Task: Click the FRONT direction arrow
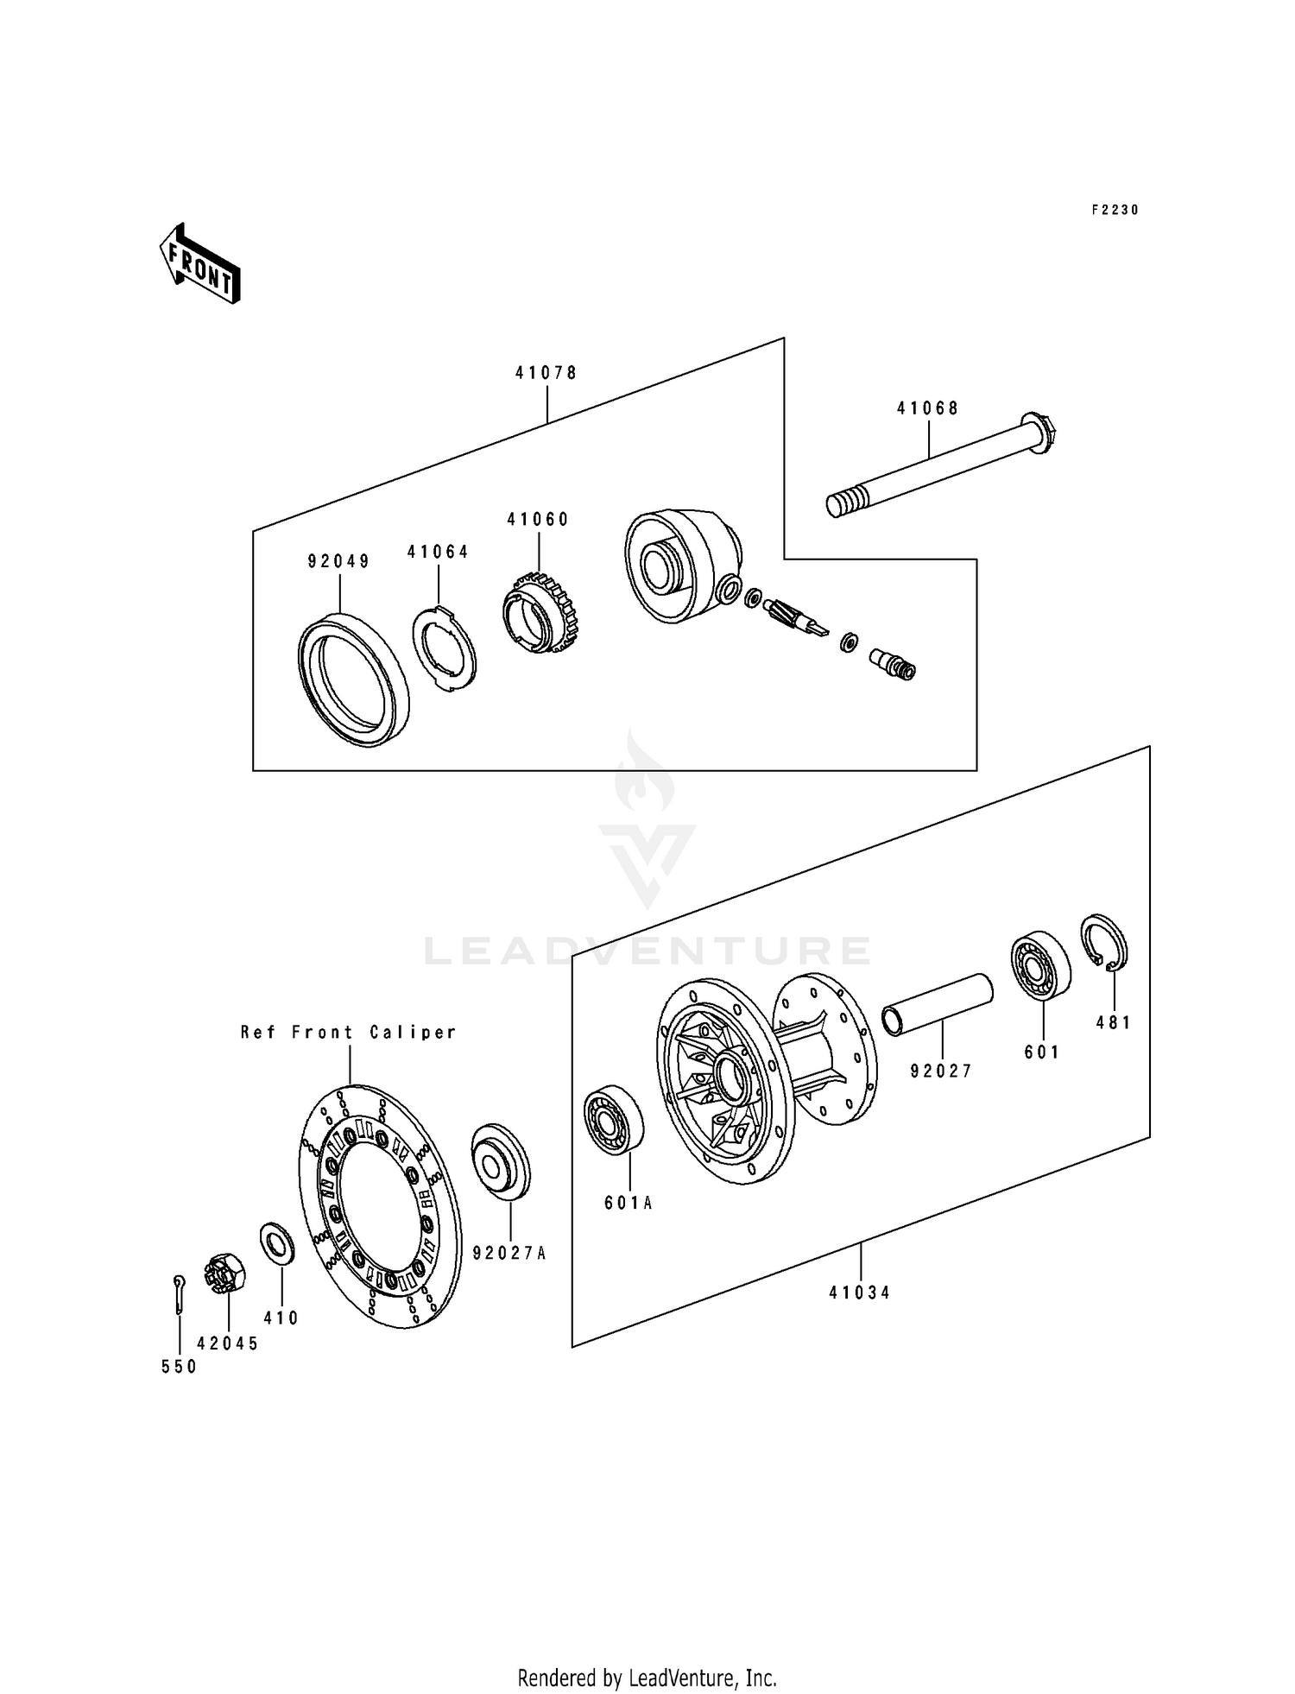(199, 263)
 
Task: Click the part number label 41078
(546, 373)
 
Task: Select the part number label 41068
(927, 408)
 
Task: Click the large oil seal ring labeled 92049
(354, 679)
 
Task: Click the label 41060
(538, 520)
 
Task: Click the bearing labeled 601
(1040, 965)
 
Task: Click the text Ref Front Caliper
(348, 1032)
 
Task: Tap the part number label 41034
(859, 1293)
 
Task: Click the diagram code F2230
(1115, 210)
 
